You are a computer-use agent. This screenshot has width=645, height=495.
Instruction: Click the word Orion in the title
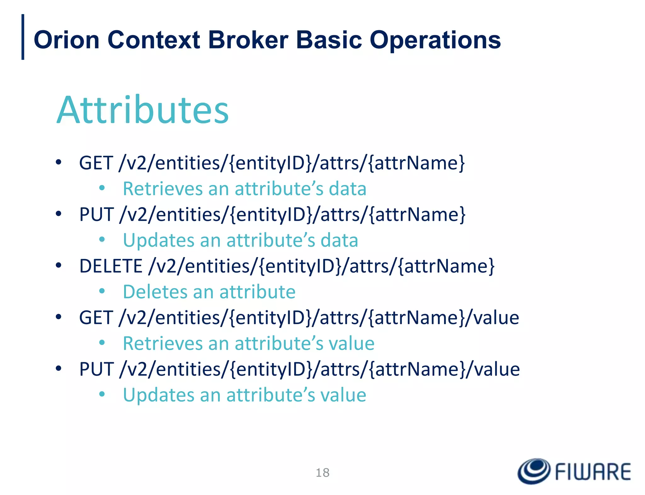(66, 40)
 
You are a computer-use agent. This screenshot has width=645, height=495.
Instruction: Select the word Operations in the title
(435, 41)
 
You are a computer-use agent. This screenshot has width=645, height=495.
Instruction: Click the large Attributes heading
(143, 110)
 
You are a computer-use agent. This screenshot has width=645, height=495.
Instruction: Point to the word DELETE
(111, 266)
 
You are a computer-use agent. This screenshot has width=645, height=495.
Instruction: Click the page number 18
(322, 473)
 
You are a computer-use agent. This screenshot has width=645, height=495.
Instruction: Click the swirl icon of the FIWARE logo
(534, 471)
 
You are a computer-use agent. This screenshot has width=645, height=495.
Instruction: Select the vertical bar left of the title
(23, 37)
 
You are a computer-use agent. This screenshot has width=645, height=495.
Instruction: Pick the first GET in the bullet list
(96, 163)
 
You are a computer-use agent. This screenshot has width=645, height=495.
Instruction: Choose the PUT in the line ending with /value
(96, 369)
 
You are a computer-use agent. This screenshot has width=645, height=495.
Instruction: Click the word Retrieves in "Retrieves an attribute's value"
(163, 343)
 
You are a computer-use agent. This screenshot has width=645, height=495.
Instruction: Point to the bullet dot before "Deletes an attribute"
(102, 291)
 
